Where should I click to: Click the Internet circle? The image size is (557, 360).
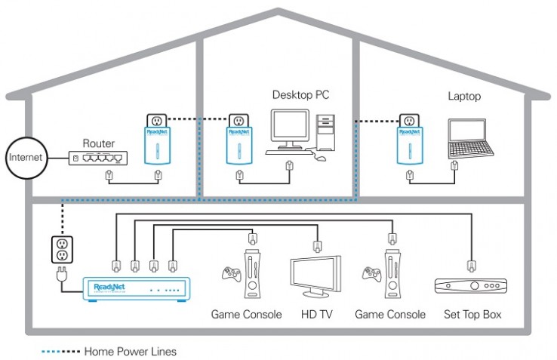click(24, 158)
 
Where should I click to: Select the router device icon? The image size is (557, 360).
click(97, 158)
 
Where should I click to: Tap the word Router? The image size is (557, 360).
click(99, 143)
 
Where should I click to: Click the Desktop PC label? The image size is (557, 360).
click(300, 96)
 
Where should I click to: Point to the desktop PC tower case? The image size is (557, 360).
click(326, 135)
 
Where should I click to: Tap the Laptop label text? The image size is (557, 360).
click(464, 97)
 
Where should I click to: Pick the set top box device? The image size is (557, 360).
click(469, 286)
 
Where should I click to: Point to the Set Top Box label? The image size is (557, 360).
click(472, 314)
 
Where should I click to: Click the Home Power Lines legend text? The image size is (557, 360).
click(130, 351)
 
